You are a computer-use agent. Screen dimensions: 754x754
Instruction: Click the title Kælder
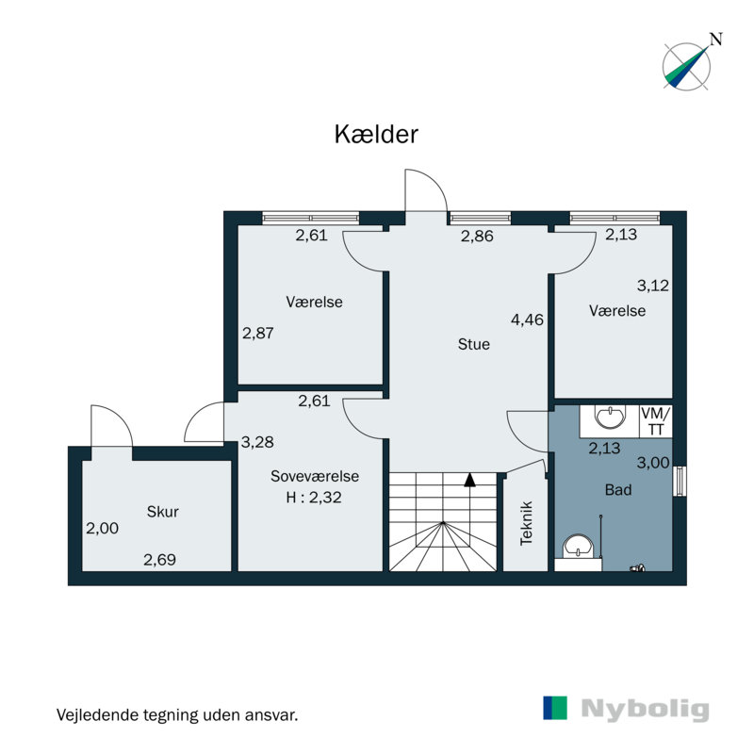click(376, 134)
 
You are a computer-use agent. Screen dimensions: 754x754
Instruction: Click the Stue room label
click(473, 345)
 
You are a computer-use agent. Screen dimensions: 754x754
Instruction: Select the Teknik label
click(527, 523)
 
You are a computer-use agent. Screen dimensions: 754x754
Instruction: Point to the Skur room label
click(162, 513)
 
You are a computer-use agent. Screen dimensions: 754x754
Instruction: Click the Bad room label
click(618, 490)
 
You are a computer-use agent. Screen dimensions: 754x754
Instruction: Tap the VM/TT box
click(656, 421)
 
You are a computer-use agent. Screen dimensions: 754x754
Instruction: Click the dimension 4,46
click(528, 320)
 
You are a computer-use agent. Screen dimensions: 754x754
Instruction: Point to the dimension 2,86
click(477, 237)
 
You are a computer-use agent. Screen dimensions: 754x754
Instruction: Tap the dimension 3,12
click(652, 285)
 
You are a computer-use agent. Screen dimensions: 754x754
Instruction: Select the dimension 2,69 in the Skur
click(159, 560)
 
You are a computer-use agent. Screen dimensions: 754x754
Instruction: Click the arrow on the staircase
click(468, 480)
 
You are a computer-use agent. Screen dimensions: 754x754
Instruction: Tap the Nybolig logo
click(626, 709)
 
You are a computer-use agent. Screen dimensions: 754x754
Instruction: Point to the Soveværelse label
click(315, 477)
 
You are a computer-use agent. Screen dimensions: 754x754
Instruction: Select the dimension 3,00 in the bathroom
click(652, 462)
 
